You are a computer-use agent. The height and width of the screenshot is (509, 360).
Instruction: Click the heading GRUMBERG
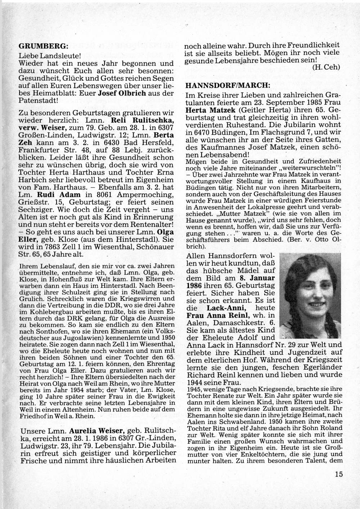(x=43, y=46)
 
